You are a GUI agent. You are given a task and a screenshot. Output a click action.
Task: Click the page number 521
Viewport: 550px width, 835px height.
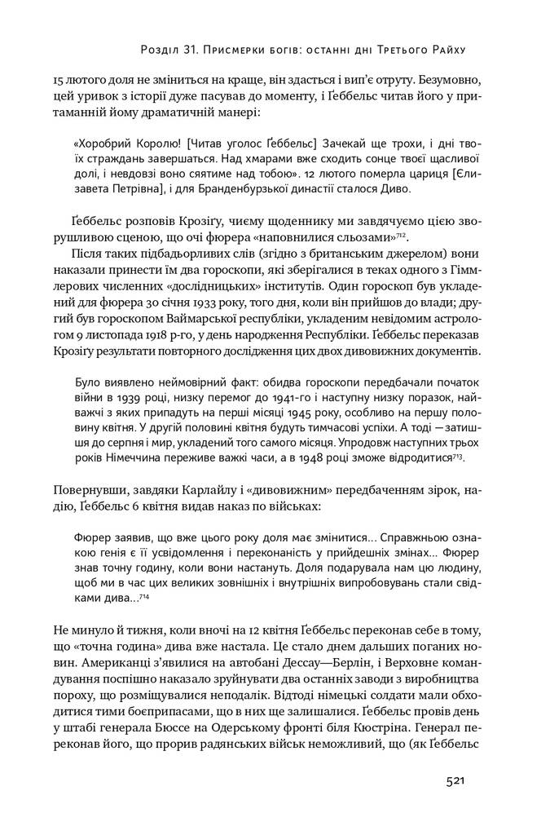(455, 781)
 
